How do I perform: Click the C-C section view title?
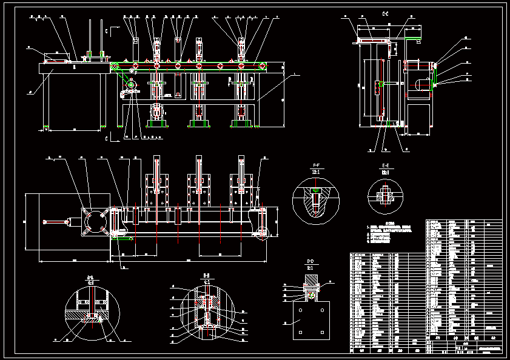[x=385, y=13]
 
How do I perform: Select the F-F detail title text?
[x=316, y=165]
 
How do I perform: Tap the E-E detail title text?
[x=385, y=165]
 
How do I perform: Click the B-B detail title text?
[x=206, y=276]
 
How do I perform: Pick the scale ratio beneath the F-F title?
[x=316, y=172]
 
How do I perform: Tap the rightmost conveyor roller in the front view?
[x=261, y=65]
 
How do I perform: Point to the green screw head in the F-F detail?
[x=315, y=190]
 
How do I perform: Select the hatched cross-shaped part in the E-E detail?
[x=385, y=196]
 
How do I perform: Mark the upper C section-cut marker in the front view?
[x=106, y=30]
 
